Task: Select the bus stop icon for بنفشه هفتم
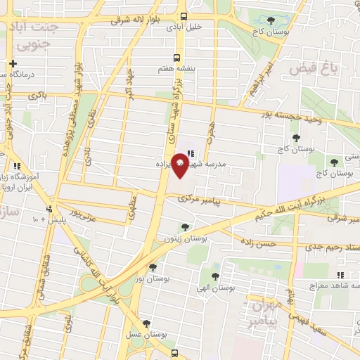coord(177,58)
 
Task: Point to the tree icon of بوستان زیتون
coord(184,227)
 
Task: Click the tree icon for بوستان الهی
coord(215,277)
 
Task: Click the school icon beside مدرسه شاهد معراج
coord(340,275)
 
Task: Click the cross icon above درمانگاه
coord(13,64)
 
